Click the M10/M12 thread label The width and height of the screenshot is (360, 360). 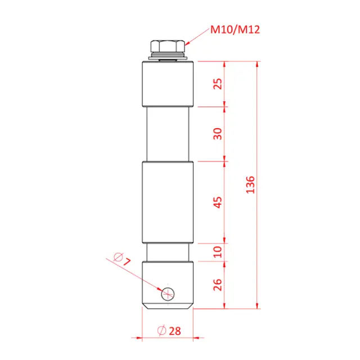point(235,29)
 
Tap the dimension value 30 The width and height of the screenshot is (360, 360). point(219,133)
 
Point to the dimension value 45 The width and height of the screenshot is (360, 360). point(219,201)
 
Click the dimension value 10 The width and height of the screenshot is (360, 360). point(219,251)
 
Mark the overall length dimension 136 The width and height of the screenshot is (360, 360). point(251,184)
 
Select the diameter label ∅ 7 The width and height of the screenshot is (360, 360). point(122,260)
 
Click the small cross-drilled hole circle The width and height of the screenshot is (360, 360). point(168,293)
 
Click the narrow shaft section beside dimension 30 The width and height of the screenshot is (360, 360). point(168,134)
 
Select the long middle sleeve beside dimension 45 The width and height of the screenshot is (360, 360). point(168,201)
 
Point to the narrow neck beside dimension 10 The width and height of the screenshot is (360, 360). point(168,252)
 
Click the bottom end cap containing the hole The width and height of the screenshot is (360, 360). point(168,281)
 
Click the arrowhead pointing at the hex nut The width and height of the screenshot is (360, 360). point(188,43)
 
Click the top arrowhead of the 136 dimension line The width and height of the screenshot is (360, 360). point(259,63)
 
